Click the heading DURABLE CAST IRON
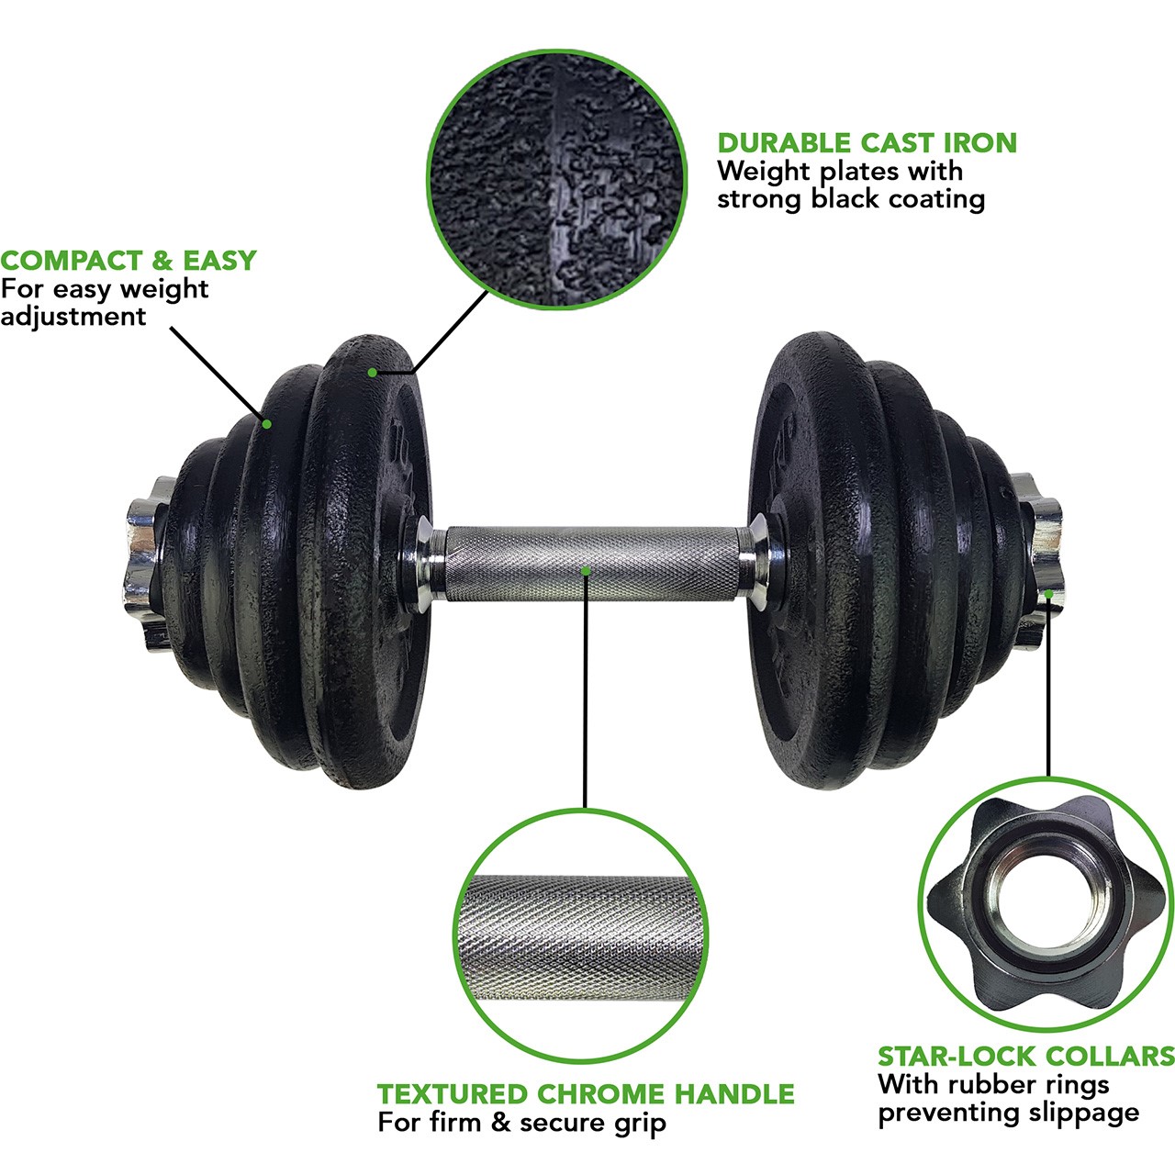coord(867,143)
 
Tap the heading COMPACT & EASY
coord(128,261)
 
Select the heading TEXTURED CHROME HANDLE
coord(586,1094)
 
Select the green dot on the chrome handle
coord(586,571)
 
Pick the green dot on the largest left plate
coord(372,372)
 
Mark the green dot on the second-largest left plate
coord(266,423)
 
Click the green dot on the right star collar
coord(1049,593)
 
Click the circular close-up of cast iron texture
coord(556,179)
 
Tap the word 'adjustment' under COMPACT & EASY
coord(73,318)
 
